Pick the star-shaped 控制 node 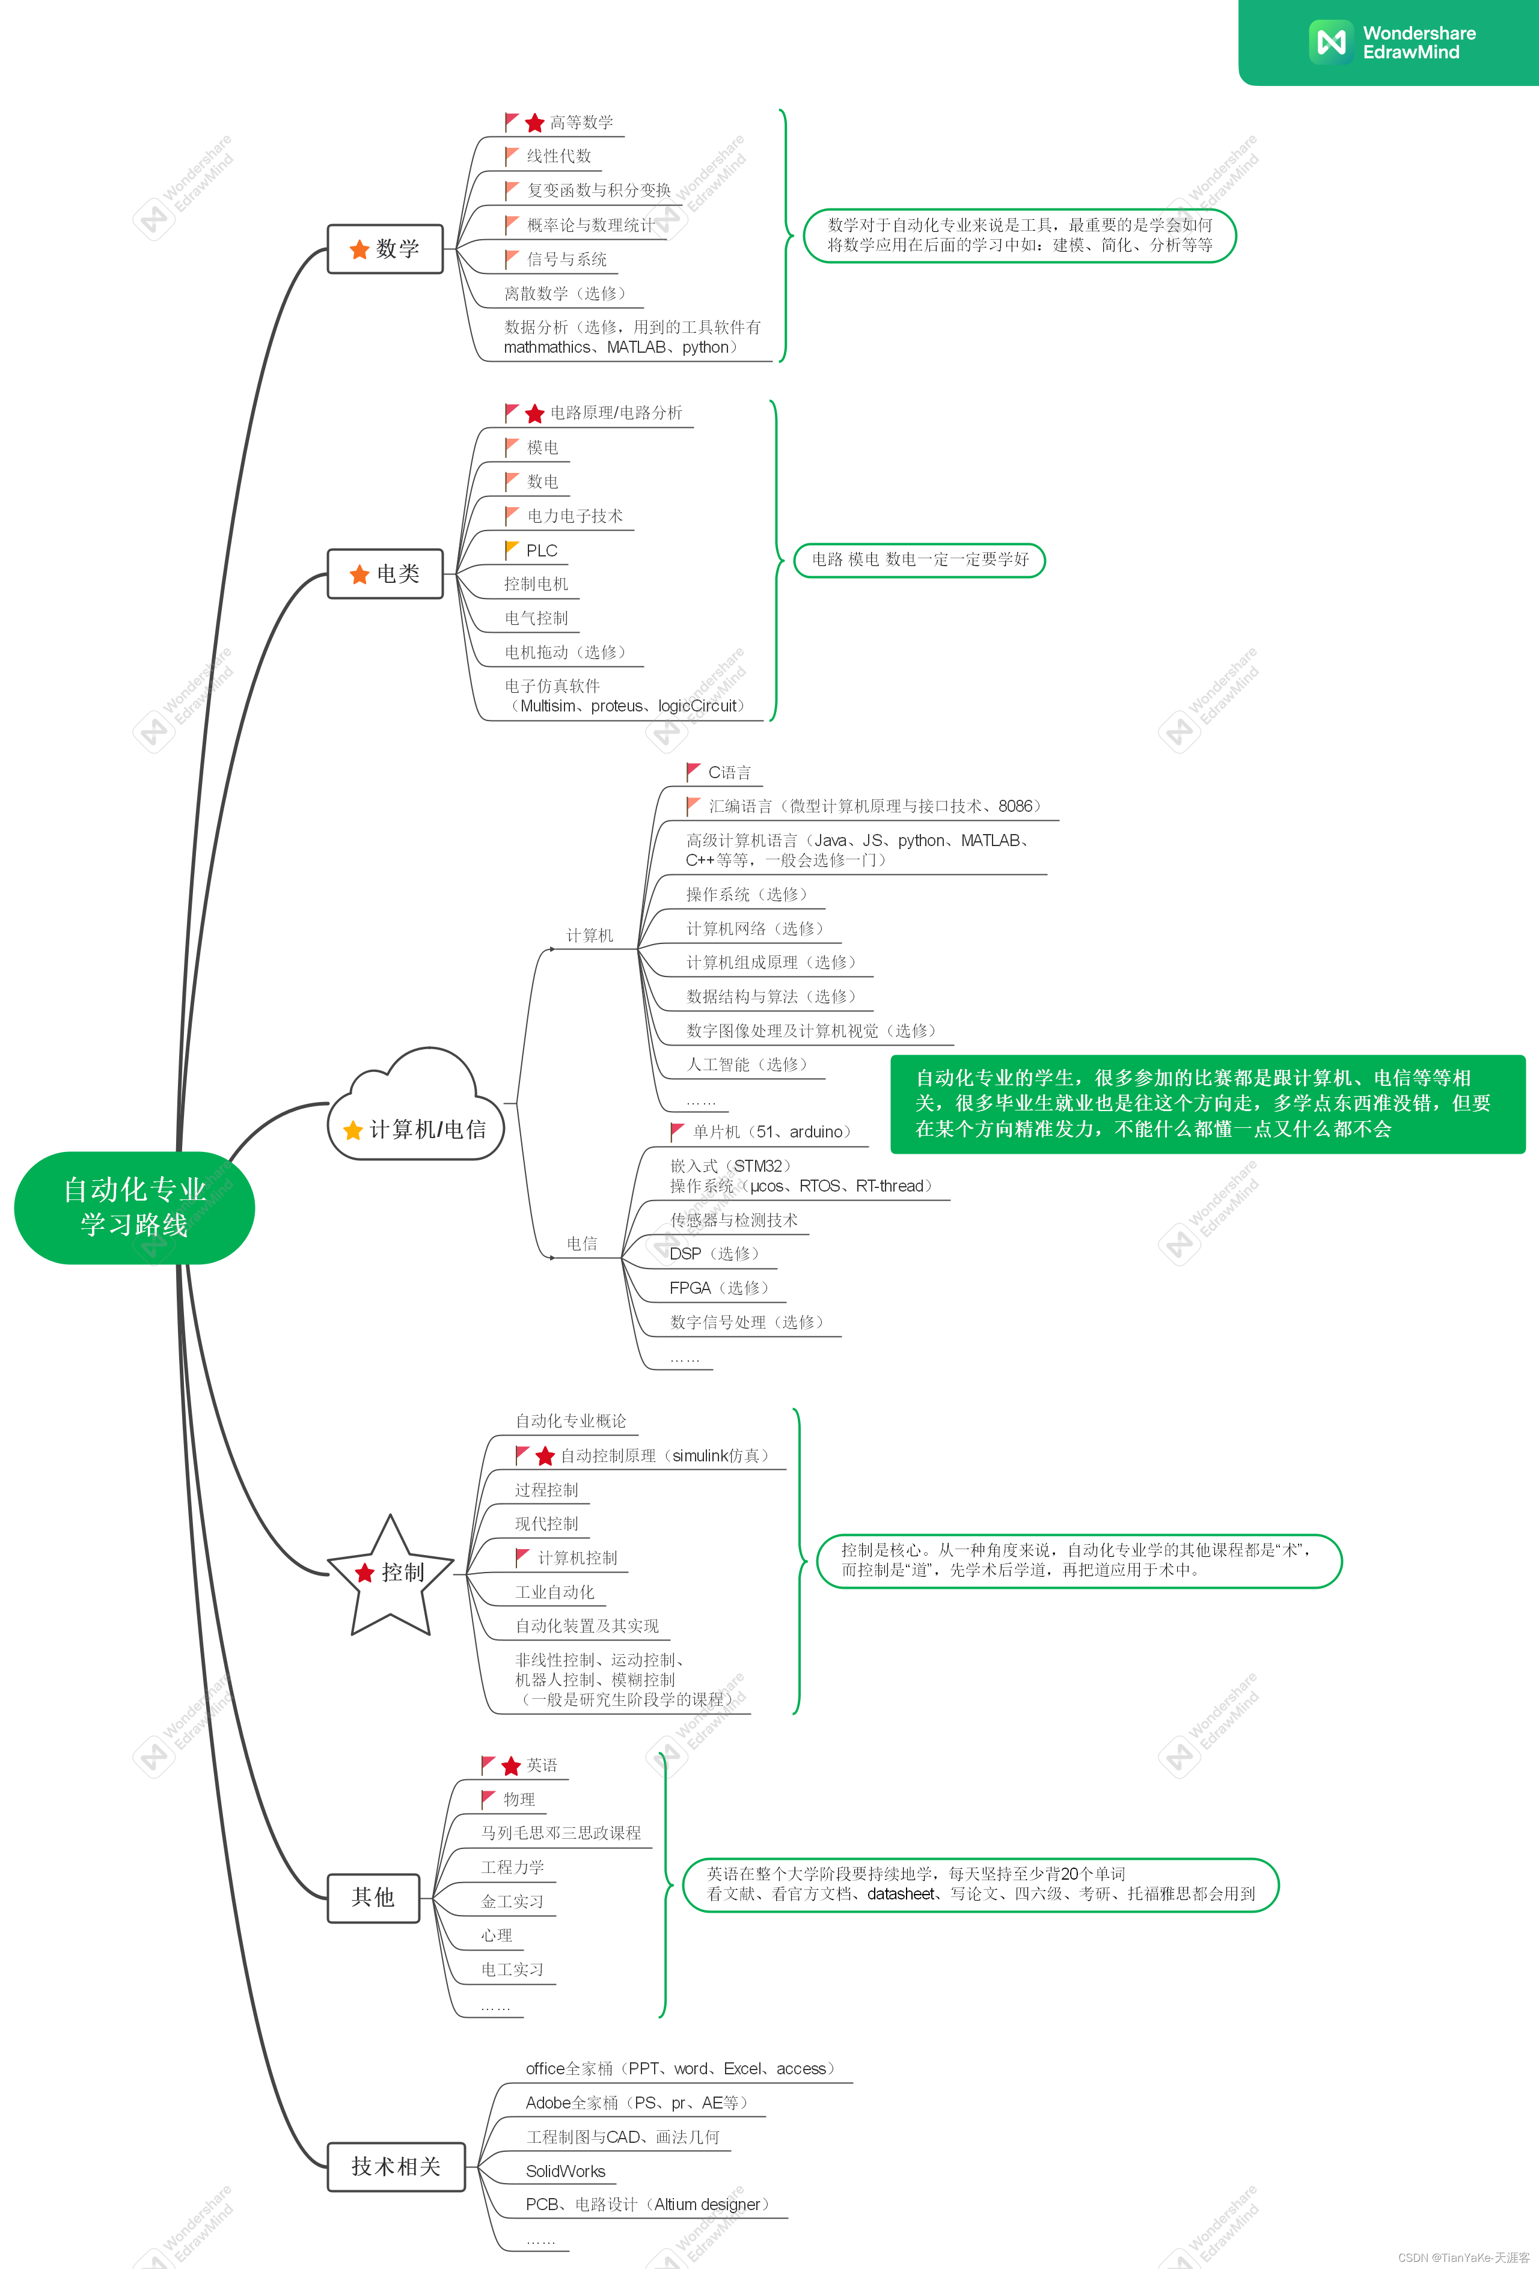coord(391,1572)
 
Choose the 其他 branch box coord(373,1897)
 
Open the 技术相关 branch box coord(396,2166)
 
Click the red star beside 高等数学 coord(534,123)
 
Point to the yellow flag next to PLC coord(512,550)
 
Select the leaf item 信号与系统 coord(566,260)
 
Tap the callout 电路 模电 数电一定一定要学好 coord(920,559)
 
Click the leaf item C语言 coord(729,772)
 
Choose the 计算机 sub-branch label coord(590,936)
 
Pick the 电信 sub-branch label coord(582,1243)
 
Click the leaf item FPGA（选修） coord(719,1288)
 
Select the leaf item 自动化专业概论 coord(571,1421)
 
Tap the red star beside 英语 coord(511,1766)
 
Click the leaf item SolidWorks coord(566,2170)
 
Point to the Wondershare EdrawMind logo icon coord(1331,42)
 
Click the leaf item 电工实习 coord(512,1969)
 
